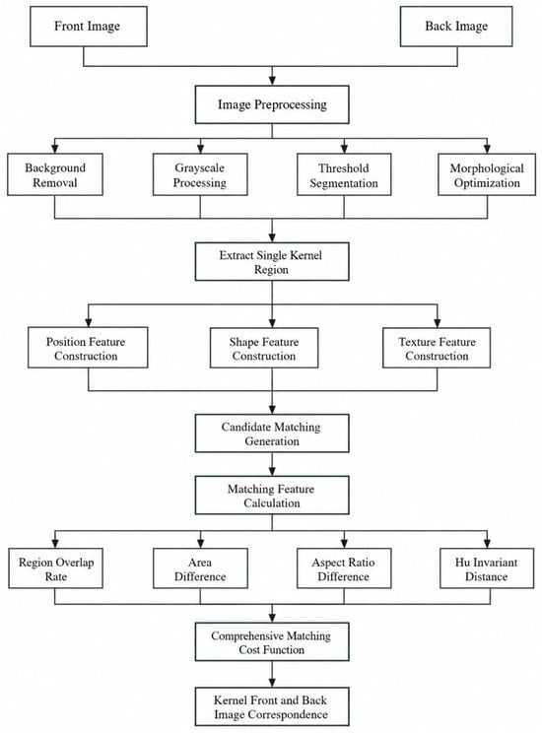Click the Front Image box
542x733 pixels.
coord(89,27)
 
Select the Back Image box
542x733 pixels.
coord(456,27)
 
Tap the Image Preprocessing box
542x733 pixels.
coord(272,104)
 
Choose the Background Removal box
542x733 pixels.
coord(55,174)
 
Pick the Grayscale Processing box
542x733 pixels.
coord(200,174)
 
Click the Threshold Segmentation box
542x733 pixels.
coord(344,174)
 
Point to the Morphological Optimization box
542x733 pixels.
coord(487,174)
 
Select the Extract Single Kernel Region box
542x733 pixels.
coord(272,262)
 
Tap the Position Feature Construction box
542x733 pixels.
coord(88,348)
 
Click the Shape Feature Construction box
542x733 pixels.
coord(264,348)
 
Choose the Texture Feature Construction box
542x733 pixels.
coord(437,348)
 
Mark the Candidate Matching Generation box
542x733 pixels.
coord(272,433)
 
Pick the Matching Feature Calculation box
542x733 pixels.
coord(272,496)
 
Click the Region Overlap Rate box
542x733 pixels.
coord(55,568)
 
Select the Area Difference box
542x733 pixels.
coord(201,568)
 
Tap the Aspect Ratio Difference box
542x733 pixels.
coord(344,568)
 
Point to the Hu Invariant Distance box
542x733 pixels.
coord(487,568)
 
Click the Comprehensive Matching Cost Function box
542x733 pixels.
coord(272,641)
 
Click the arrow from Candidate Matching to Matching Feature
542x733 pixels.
coord(272,464)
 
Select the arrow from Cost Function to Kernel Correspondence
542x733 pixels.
coord(272,674)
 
